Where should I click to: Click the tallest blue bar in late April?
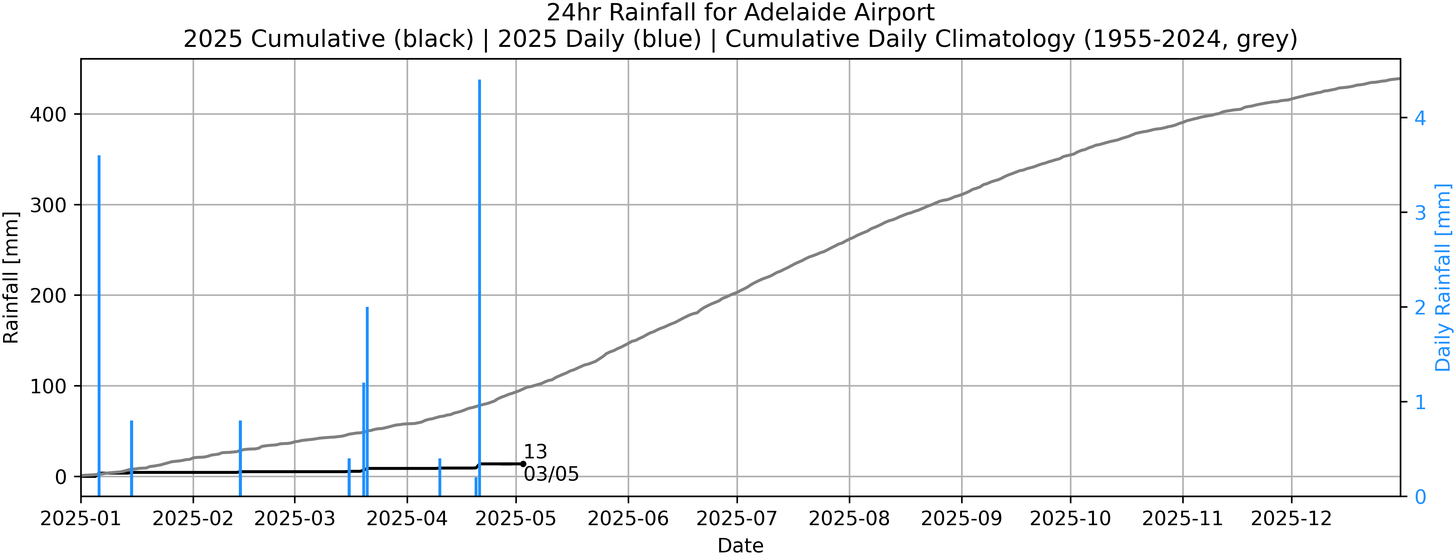pyautogui.click(x=479, y=283)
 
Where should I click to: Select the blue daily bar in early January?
pyautogui.click(x=99, y=317)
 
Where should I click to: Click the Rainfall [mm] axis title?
pyautogui.click(x=11, y=277)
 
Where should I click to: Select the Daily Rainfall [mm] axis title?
pyautogui.click(x=1443, y=277)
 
